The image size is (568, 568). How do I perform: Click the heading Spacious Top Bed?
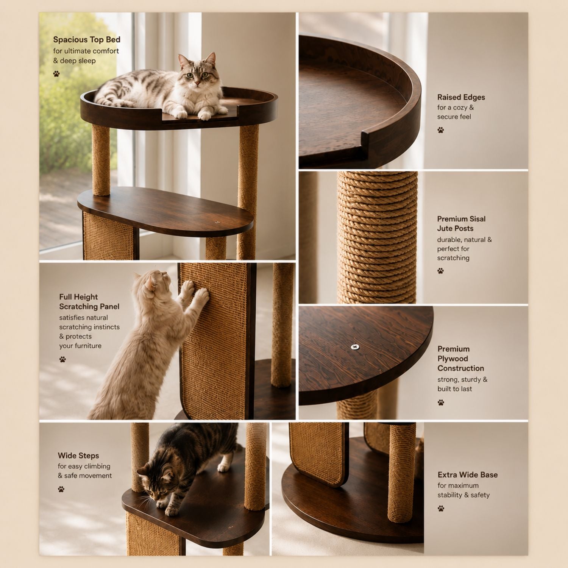pyautogui.click(x=87, y=40)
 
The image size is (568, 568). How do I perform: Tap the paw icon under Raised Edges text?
pyautogui.click(x=441, y=130)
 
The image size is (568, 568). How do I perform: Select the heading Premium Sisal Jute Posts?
pyautogui.click(x=461, y=223)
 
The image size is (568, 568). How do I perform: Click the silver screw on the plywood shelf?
pyautogui.click(x=355, y=346)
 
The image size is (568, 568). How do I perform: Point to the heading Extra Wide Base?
pyautogui.click(x=468, y=475)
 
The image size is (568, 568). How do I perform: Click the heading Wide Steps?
pyautogui.click(x=78, y=456)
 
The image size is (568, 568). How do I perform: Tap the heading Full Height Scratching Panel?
pyautogui.click(x=89, y=302)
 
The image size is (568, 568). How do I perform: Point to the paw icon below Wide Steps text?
pyautogui.click(x=61, y=489)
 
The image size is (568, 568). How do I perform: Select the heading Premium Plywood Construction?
pyautogui.click(x=461, y=359)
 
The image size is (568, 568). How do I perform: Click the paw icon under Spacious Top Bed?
pyautogui.click(x=56, y=74)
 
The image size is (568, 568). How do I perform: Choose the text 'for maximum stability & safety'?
pyautogui.click(x=463, y=490)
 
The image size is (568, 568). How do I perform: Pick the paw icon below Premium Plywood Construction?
pyautogui.click(x=441, y=403)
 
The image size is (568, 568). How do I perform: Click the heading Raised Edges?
pyautogui.click(x=461, y=97)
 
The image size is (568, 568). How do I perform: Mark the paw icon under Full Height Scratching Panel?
pyautogui.click(x=62, y=359)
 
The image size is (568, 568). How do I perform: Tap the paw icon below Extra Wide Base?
pyautogui.click(x=441, y=509)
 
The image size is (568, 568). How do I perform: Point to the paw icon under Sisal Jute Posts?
pyautogui.click(x=440, y=271)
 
